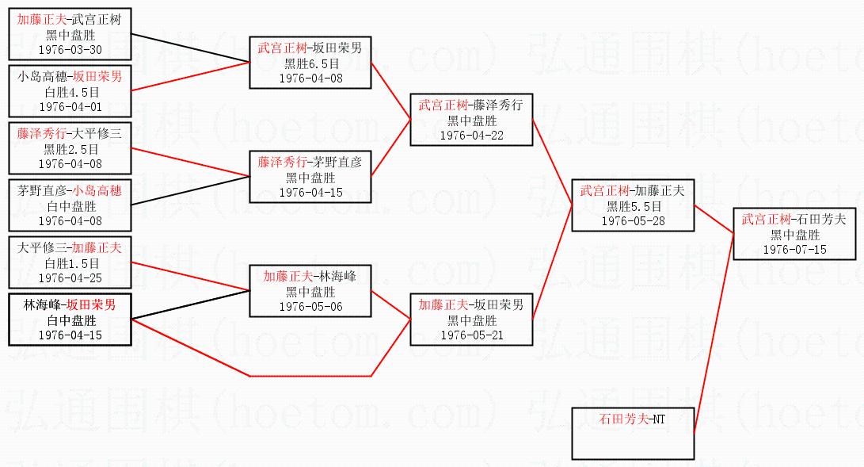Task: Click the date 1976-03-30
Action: (x=70, y=49)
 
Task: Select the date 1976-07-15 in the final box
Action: (x=794, y=249)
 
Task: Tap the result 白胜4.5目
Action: (x=70, y=92)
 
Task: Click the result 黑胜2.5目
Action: (x=70, y=148)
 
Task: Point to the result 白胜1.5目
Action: (x=70, y=262)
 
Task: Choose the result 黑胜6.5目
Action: (x=310, y=63)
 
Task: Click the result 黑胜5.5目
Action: (x=633, y=206)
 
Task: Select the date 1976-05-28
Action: (x=633, y=220)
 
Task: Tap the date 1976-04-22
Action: (x=472, y=135)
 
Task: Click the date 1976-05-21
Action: (x=472, y=335)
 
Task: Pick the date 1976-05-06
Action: (x=310, y=306)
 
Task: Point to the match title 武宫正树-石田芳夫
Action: (x=794, y=220)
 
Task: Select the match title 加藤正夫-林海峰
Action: (x=310, y=277)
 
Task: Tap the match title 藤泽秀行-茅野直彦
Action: (x=310, y=162)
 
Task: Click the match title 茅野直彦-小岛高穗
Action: (x=70, y=191)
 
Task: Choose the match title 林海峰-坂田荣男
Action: (x=70, y=305)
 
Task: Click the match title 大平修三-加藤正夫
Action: (x=70, y=247)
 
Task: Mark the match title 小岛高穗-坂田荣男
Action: (x=70, y=77)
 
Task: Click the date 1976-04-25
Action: (x=70, y=278)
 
